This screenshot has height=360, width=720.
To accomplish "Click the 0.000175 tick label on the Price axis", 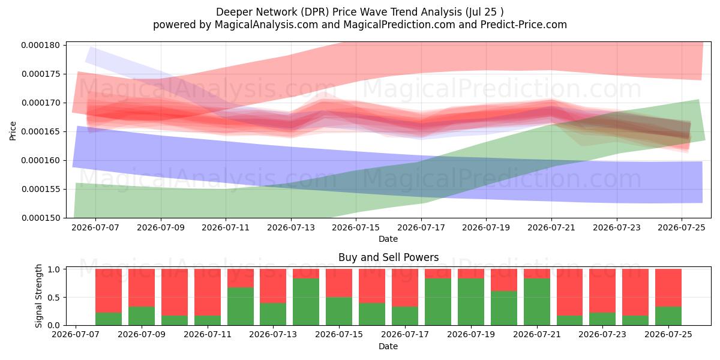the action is tap(41, 74).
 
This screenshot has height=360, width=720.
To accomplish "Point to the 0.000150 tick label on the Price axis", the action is tap(41, 218).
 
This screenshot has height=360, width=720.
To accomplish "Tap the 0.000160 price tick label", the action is tap(41, 160).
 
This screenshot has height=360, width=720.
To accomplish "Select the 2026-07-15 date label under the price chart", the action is tap(356, 227).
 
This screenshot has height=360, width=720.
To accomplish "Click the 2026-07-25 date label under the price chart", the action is tap(682, 227).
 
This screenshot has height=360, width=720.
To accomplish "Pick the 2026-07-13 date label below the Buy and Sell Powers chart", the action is tap(273, 334).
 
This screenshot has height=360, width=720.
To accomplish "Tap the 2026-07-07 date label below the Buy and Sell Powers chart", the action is tap(76, 334).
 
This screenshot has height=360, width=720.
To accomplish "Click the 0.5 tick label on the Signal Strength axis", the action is tap(54, 298).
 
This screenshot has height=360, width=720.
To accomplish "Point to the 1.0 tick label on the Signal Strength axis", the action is tap(54, 269).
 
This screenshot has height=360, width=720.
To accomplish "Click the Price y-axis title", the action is tap(13, 131).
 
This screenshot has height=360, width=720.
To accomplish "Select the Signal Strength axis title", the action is tap(38, 296).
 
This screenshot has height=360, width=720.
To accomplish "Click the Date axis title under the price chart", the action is tap(388, 239).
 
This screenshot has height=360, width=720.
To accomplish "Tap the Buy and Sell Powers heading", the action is tap(389, 257).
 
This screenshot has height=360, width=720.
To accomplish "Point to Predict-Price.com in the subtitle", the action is tap(524, 25).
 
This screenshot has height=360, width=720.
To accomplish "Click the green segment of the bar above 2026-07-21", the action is tap(537, 302).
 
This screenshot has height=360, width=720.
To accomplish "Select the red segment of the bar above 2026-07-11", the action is tap(208, 292).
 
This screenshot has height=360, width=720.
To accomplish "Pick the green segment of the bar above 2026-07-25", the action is tap(668, 316).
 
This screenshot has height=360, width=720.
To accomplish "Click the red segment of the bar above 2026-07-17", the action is tap(405, 287).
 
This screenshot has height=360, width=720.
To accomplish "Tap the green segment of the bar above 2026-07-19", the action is tap(471, 302).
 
